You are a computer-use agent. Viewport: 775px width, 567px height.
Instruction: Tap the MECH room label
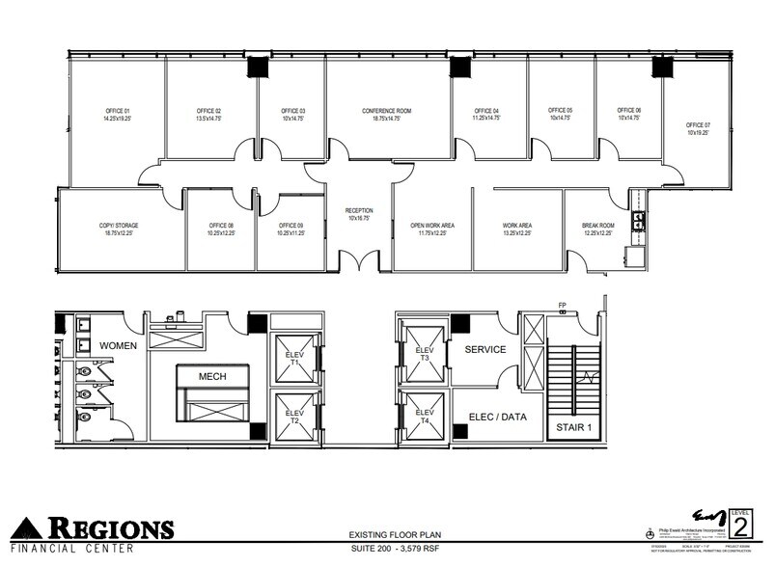pos(213,376)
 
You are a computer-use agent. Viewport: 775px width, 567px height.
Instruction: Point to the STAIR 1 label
pos(573,425)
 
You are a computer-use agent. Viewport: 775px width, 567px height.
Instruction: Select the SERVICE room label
pos(484,349)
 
